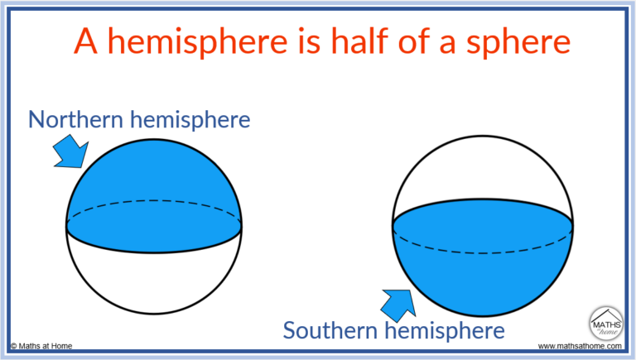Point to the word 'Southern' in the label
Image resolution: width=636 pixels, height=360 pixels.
333,331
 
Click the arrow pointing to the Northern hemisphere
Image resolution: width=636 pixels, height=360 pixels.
69,153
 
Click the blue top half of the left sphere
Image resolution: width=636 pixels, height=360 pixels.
154,178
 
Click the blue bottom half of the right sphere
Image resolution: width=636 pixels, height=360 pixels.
483,265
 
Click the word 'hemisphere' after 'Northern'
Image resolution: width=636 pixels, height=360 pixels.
195,120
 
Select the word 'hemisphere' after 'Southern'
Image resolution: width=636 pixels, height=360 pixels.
448,331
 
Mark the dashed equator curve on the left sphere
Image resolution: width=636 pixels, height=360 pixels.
154,200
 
